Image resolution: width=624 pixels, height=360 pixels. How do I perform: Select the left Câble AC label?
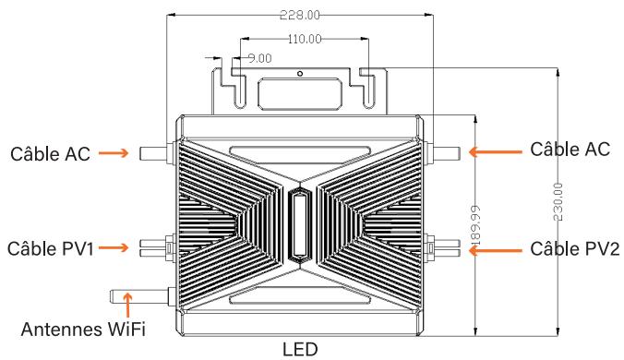[50, 154]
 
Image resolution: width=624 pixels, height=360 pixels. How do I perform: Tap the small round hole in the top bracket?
[300, 72]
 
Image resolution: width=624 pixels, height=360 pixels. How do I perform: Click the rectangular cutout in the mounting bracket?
[300, 92]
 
